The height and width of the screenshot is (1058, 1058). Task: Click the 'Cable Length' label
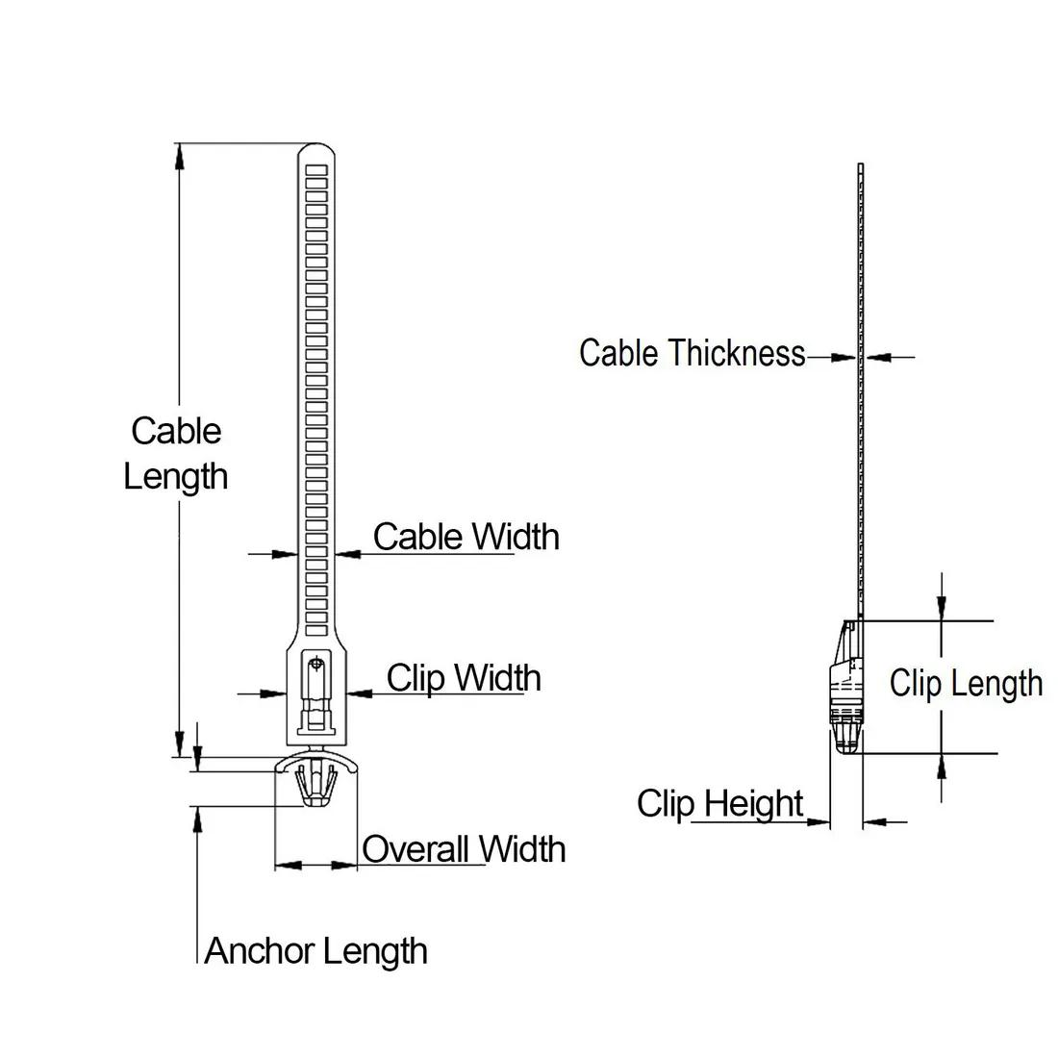pos(176,453)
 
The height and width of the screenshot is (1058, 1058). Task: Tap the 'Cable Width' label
pos(466,537)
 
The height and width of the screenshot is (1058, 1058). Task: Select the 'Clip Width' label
pos(464,678)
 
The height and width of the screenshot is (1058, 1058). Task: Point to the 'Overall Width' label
pos(464,849)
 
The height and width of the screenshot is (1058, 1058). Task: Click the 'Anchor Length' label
pos(316,951)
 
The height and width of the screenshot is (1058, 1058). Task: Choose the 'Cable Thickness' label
pos(692,353)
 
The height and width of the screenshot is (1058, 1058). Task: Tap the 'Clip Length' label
pos(966,683)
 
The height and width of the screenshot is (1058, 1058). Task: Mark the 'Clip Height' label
pos(719,803)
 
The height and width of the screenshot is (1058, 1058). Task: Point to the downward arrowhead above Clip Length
pos(942,605)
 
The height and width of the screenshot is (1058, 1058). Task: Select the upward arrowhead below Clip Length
pos(942,767)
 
